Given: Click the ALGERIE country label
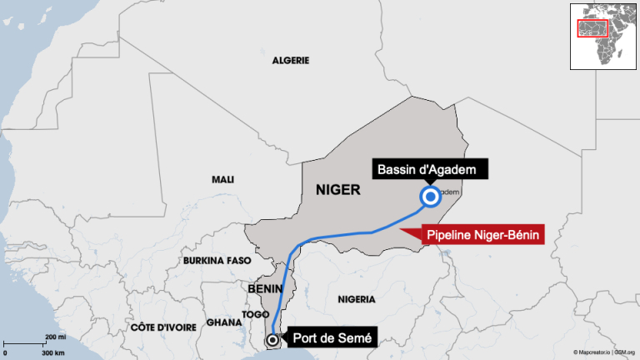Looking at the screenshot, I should point(291,61).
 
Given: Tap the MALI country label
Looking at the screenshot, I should point(223,179).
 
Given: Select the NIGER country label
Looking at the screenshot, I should point(337,190).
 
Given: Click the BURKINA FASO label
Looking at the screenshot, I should point(217,261).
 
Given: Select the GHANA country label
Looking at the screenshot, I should point(223,322).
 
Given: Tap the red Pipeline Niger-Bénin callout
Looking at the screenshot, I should point(484,236).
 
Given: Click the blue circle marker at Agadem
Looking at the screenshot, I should point(431,197).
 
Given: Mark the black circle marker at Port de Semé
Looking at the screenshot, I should point(272,340).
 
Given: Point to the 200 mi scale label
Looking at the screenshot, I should point(55,337).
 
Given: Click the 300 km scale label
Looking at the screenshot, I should point(52,353).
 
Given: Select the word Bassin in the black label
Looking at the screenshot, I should point(397,170).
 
